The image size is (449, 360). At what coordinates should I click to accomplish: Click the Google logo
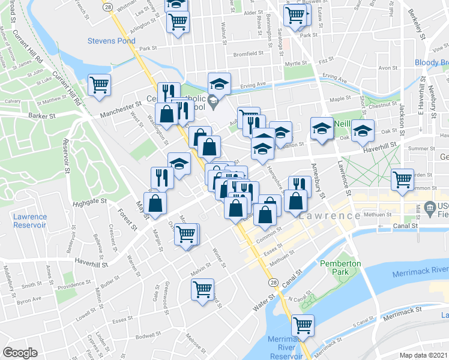pyautogui.click(x=20, y=353)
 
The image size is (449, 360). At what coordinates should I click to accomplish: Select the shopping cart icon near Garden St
pyautogui.click(x=402, y=179)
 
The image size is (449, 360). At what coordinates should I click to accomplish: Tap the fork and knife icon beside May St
pyautogui.click(x=162, y=176)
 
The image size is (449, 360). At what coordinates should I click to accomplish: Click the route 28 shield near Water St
pyautogui.click(x=273, y=282)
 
